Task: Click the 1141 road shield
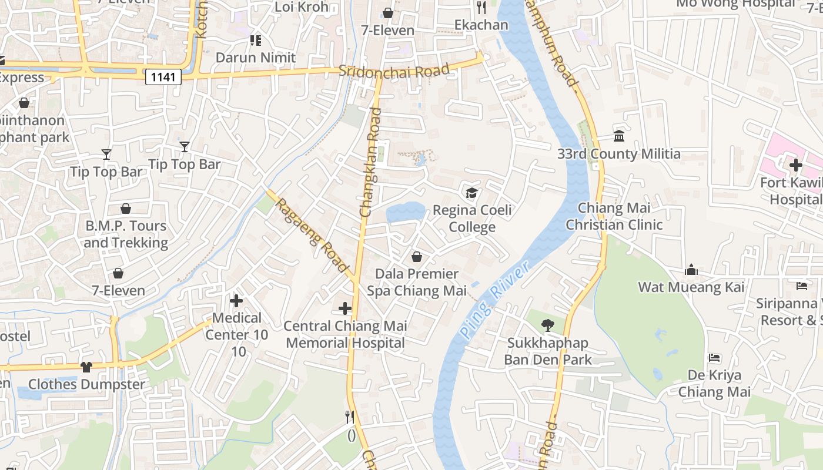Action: [x=163, y=77]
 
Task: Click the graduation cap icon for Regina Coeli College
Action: [x=471, y=193]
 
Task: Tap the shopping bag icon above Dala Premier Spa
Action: [x=417, y=257]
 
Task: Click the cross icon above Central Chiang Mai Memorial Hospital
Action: [x=345, y=308]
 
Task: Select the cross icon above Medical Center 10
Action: [x=236, y=301]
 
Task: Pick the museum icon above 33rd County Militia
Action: [x=619, y=136]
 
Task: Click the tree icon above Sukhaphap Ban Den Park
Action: [x=548, y=325]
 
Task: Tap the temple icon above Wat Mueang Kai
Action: [x=691, y=270]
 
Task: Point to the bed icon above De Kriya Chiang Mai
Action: [x=715, y=358]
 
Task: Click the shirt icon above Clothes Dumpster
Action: [x=86, y=367]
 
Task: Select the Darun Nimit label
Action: [x=256, y=58]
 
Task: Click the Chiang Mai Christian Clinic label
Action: [x=614, y=216]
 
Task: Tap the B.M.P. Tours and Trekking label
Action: [x=126, y=234]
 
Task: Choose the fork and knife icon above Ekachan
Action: [x=481, y=8]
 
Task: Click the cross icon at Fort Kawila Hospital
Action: [x=796, y=165]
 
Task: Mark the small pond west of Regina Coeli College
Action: [x=406, y=212]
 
